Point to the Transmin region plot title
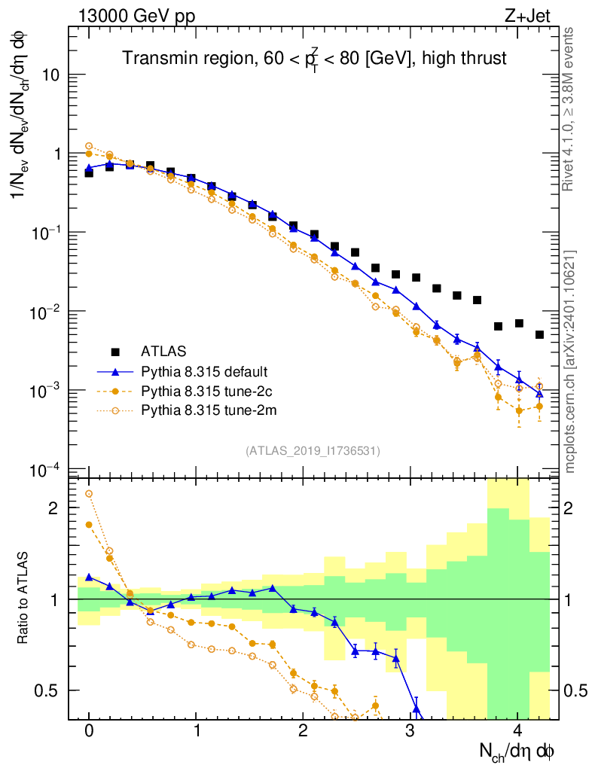(x=315, y=59)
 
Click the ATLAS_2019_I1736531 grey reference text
(x=313, y=450)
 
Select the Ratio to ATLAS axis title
(x=25, y=599)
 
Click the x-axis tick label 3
(x=410, y=731)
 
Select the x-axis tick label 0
(x=89, y=731)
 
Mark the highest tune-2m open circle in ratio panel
(x=89, y=494)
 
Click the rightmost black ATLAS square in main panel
(x=539, y=334)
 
